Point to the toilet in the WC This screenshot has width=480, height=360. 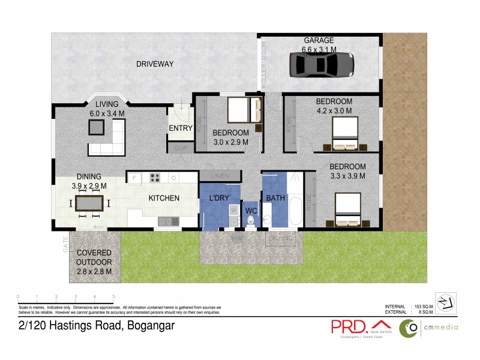pos(251,223)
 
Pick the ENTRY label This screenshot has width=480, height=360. pos(181,128)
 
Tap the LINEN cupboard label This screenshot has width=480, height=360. pos(219,176)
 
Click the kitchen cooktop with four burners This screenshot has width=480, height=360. pos(155,177)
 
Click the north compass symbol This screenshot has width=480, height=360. pos(445,303)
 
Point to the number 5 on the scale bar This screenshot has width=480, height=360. pos(114,297)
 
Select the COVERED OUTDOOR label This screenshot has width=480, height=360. pos(95,258)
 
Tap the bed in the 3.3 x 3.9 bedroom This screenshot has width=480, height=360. pos(347,206)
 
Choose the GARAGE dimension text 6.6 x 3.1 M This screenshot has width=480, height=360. pos(319,49)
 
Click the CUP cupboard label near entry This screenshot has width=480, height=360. pos(181,148)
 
